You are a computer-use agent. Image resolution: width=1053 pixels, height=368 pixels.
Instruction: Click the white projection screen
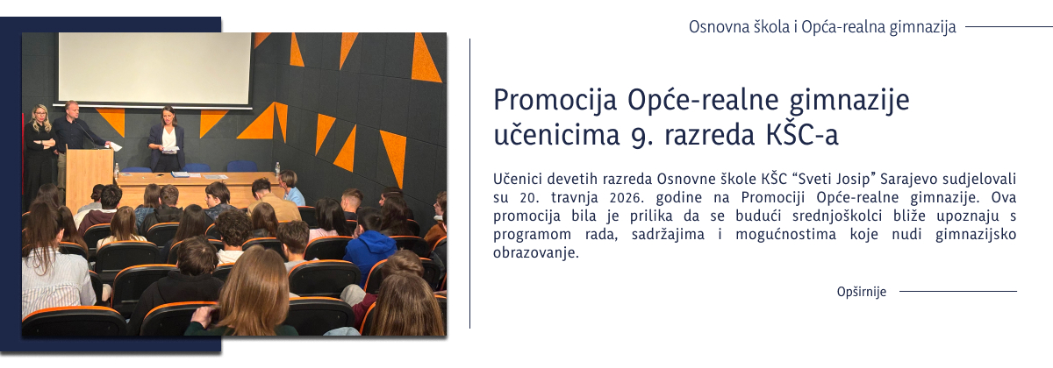coord(154,67)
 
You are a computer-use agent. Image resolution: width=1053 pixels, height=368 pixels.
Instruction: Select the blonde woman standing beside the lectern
coord(40,149)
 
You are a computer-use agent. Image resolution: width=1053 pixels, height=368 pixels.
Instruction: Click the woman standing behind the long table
coord(167,138)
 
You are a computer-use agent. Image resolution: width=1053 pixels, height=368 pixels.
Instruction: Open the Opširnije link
coord(862,292)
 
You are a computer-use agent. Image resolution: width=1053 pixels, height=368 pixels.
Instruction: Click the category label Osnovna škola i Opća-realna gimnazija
coord(821,26)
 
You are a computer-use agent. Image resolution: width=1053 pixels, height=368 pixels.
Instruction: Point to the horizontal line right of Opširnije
coord(957,291)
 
